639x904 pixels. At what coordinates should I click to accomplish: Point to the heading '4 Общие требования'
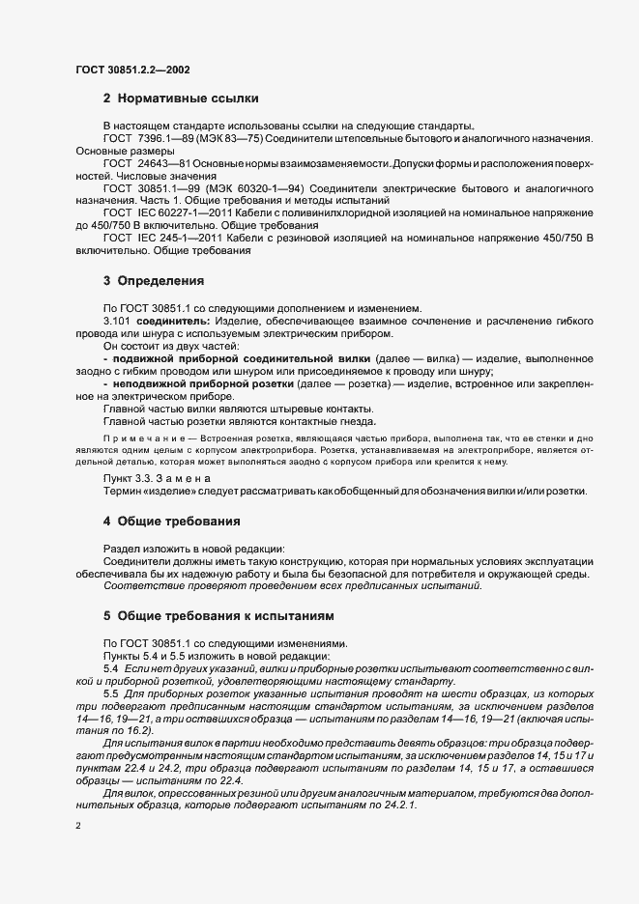tap(171, 522)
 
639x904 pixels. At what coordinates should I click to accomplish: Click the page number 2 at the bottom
tap(78, 827)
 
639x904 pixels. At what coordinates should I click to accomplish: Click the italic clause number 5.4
tap(110, 668)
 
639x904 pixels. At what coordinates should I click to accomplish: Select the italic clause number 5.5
tap(110, 694)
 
